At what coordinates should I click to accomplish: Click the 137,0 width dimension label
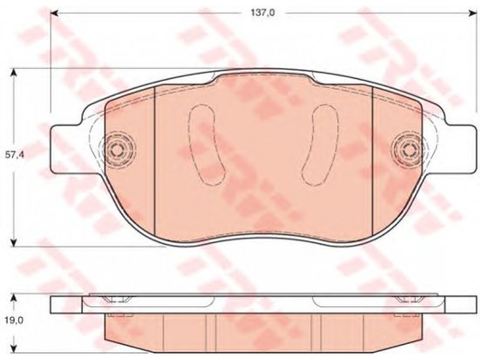263,13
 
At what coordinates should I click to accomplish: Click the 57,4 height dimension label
13,155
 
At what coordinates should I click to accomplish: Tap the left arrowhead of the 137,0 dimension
55,13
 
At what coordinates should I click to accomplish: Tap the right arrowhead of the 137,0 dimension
472,13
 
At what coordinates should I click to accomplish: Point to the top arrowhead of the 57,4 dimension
13,73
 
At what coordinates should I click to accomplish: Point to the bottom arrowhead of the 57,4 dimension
13,242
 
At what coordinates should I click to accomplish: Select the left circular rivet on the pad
116,150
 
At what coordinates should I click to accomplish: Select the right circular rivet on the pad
407,150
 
